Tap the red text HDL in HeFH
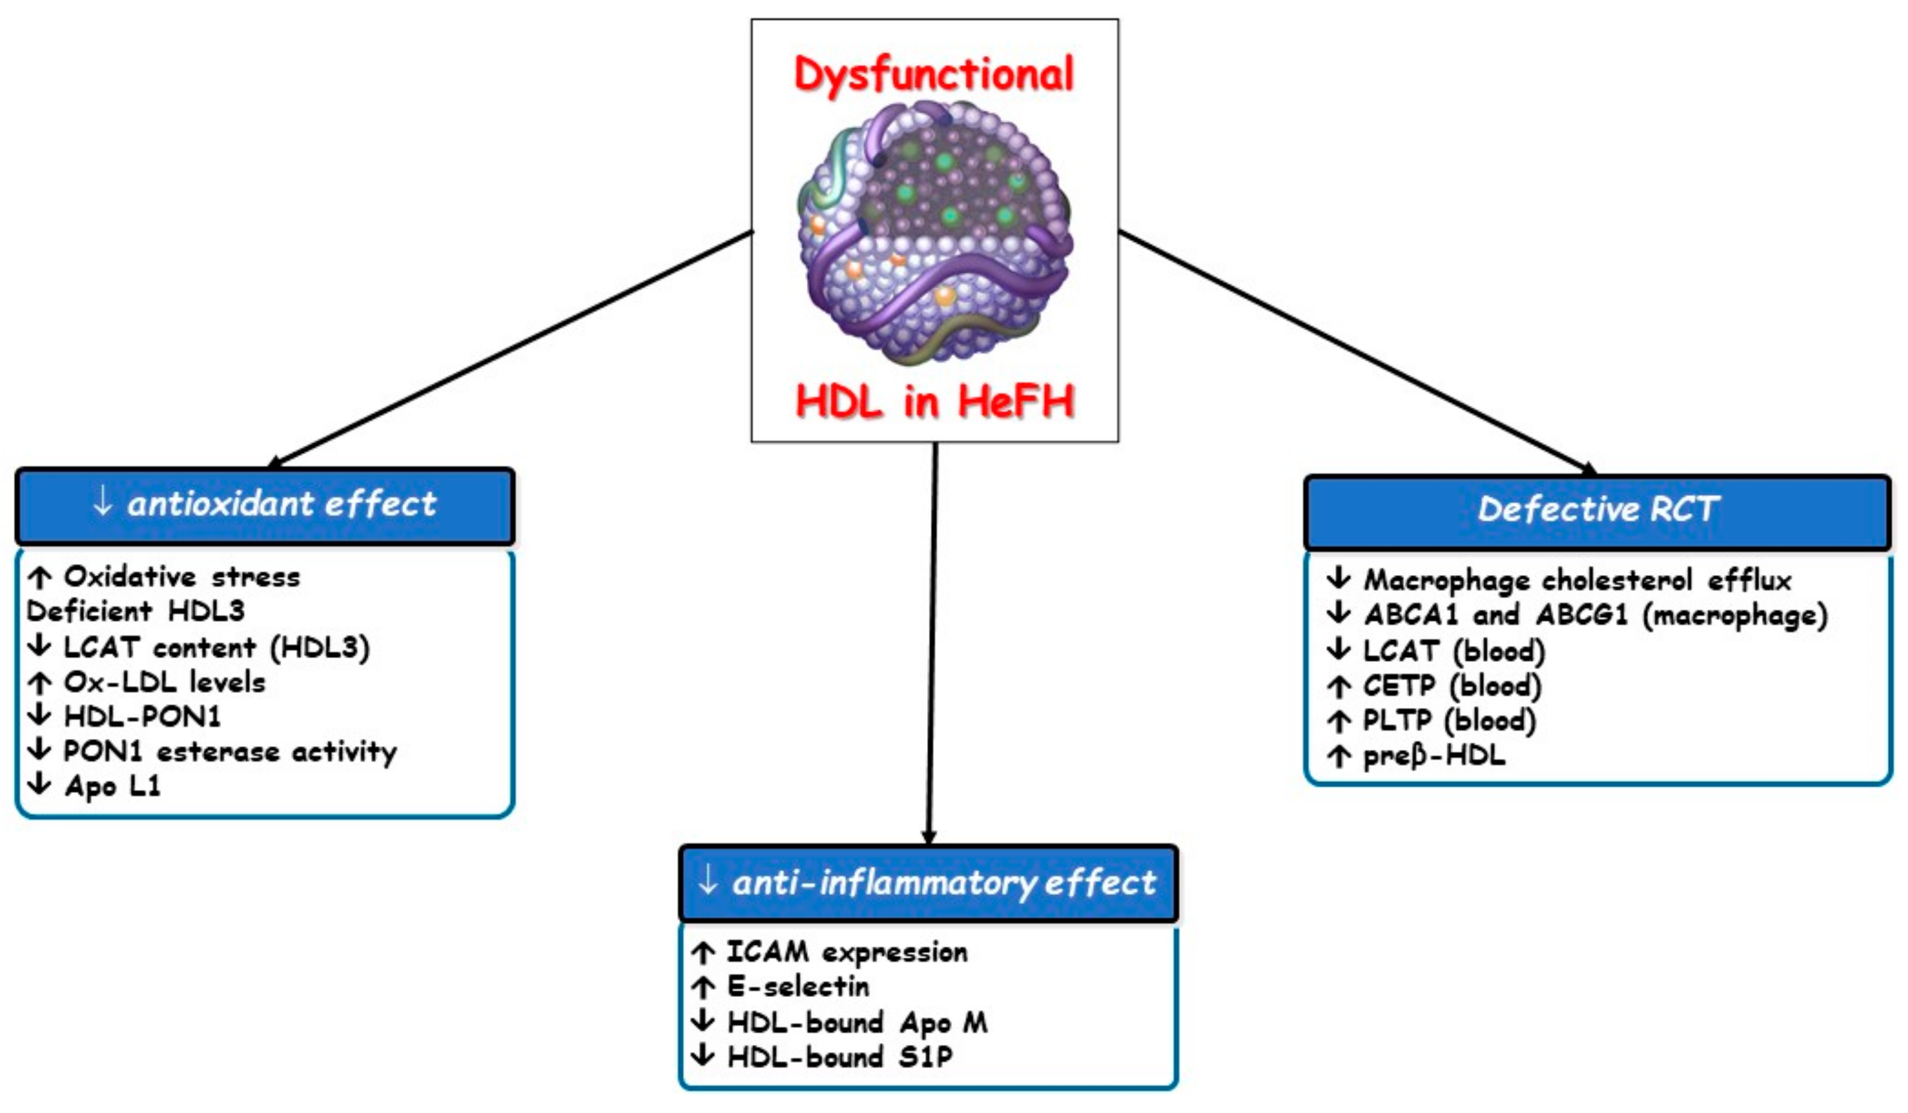pos(935,402)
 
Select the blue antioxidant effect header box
pos(265,506)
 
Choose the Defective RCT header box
pos(1597,511)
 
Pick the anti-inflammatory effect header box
pos(928,883)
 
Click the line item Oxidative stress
pos(182,577)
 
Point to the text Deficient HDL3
pos(136,612)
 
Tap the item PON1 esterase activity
pos(229,752)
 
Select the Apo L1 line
pos(112,786)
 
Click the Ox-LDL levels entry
pos(165,682)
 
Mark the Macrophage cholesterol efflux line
pos(1576,580)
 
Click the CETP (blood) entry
pos(1451,686)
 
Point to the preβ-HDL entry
pos(1433,756)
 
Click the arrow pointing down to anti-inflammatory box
pos(932,644)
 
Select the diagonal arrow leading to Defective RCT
pos(1355,352)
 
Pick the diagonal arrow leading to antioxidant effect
pos(511,348)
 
